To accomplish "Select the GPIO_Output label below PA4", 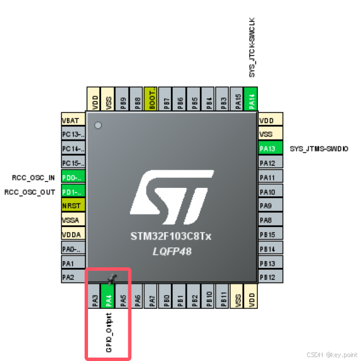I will click(x=108, y=332).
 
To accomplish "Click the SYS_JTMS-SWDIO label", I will click(x=319, y=149).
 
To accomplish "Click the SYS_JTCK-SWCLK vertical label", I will click(x=252, y=47).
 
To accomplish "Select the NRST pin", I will click(x=73, y=205).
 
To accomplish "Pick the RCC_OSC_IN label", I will click(x=34, y=177).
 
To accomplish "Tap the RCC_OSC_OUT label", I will click(x=30, y=192).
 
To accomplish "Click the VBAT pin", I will click(x=73, y=120).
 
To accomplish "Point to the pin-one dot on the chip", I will click(x=98, y=125).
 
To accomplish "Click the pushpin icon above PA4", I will click(x=112, y=278).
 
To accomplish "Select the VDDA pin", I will click(x=73, y=234).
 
